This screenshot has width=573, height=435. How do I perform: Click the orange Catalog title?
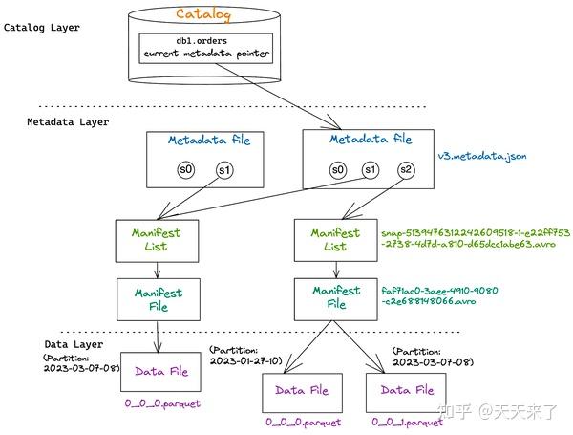[203, 14]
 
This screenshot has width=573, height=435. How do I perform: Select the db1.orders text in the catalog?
[202, 40]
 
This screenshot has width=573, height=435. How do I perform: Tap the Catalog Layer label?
[42, 28]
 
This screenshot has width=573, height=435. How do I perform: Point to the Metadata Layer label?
[68, 121]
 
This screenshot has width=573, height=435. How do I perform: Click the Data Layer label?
[74, 344]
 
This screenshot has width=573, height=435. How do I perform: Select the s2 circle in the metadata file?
[406, 170]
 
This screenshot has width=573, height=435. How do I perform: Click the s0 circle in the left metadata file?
[186, 170]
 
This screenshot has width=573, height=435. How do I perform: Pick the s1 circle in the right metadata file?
[371, 170]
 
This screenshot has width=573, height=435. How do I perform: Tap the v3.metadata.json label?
[482, 156]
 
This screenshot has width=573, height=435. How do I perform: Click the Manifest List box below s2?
[336, 240]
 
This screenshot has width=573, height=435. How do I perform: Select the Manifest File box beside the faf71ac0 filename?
[336, 299]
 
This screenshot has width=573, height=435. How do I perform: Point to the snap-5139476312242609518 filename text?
[476, 238]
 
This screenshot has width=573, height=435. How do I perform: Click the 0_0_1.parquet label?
[408, 422]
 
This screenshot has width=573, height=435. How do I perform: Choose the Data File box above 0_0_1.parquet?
[406, 393]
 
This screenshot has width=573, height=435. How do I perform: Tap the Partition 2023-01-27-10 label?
[246, 356]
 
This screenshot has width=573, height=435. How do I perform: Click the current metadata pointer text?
[206, 54]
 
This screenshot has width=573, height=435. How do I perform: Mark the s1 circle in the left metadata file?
[224, 170]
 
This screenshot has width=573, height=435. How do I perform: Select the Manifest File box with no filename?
[159, 299]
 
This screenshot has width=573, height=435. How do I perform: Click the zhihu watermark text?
[498, 412]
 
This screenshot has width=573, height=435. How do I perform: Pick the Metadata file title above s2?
[371, 139]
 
